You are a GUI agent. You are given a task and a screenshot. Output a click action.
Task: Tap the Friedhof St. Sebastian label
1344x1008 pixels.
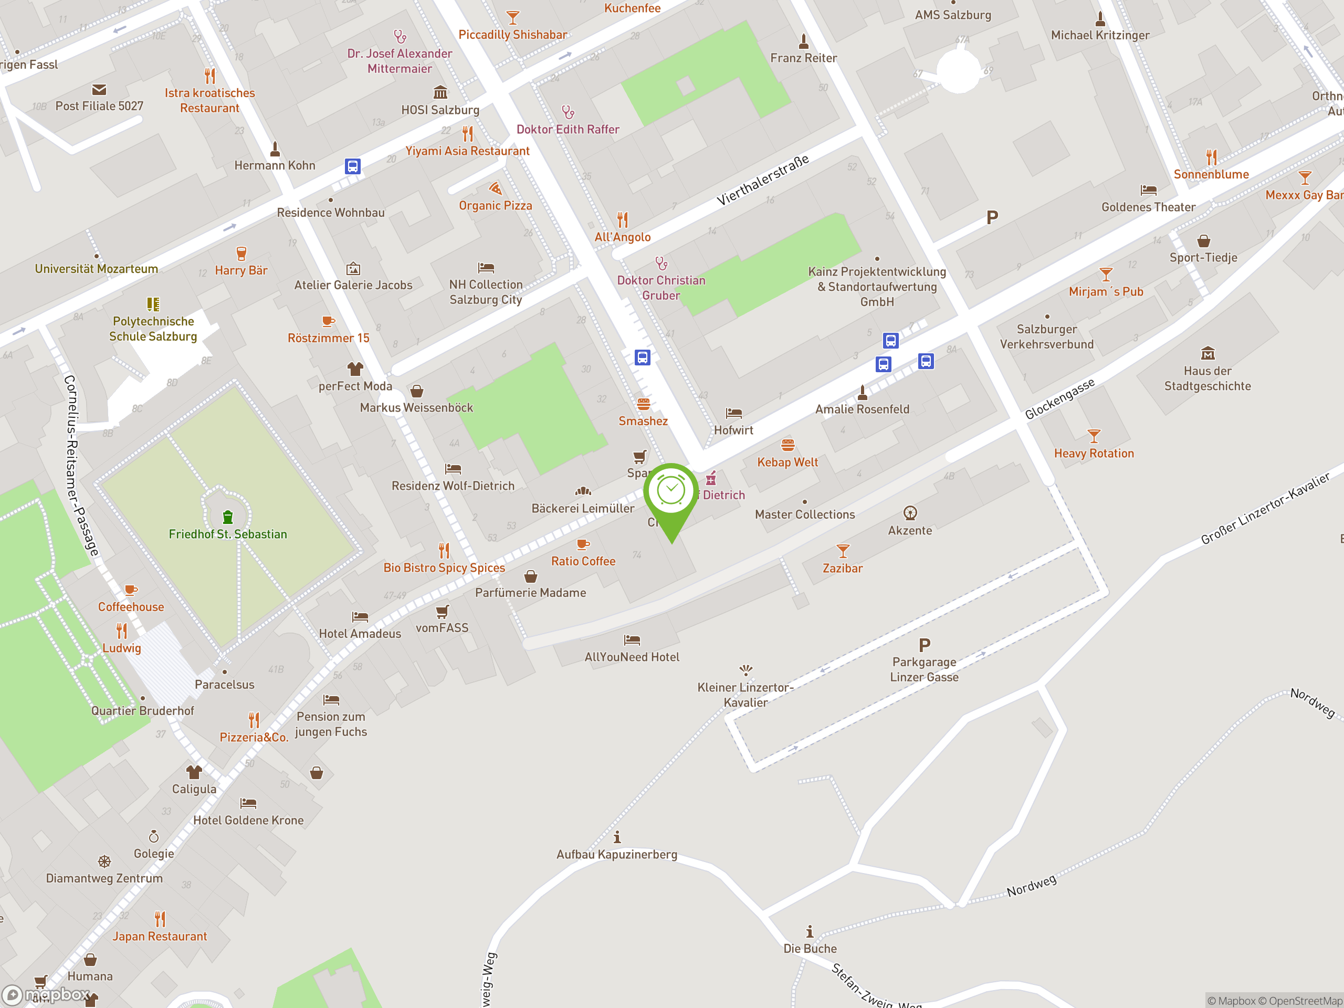[228, 534]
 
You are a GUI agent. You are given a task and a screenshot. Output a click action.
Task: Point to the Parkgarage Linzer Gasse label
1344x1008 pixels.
[923, 669]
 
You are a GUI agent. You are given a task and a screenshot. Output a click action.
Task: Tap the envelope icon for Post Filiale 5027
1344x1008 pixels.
[99, 90]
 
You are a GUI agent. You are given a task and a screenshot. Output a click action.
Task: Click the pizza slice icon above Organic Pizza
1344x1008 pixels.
[495, 188]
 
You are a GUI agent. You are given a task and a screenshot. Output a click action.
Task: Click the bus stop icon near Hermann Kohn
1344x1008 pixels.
[352, 166]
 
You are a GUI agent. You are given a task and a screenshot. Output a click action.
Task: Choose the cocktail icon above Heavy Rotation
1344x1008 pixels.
[1094, 436]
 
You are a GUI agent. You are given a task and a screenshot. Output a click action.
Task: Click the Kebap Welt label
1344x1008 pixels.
[787, 463]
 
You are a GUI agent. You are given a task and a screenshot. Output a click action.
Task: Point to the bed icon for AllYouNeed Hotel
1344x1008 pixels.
[632, 640]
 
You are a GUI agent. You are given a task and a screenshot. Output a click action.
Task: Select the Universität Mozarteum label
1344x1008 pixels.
[96, 269]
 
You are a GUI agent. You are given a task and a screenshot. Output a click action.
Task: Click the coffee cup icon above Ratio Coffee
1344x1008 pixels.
[583, 544]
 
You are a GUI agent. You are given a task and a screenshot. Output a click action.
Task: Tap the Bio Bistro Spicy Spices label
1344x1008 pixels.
[444, 568]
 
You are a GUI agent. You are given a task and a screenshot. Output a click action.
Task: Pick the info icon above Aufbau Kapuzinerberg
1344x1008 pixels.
[617, 837]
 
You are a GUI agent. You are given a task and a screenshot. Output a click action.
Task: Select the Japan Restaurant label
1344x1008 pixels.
[159, 936]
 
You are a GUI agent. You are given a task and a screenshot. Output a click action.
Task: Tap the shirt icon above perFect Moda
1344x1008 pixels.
[355, 369]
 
